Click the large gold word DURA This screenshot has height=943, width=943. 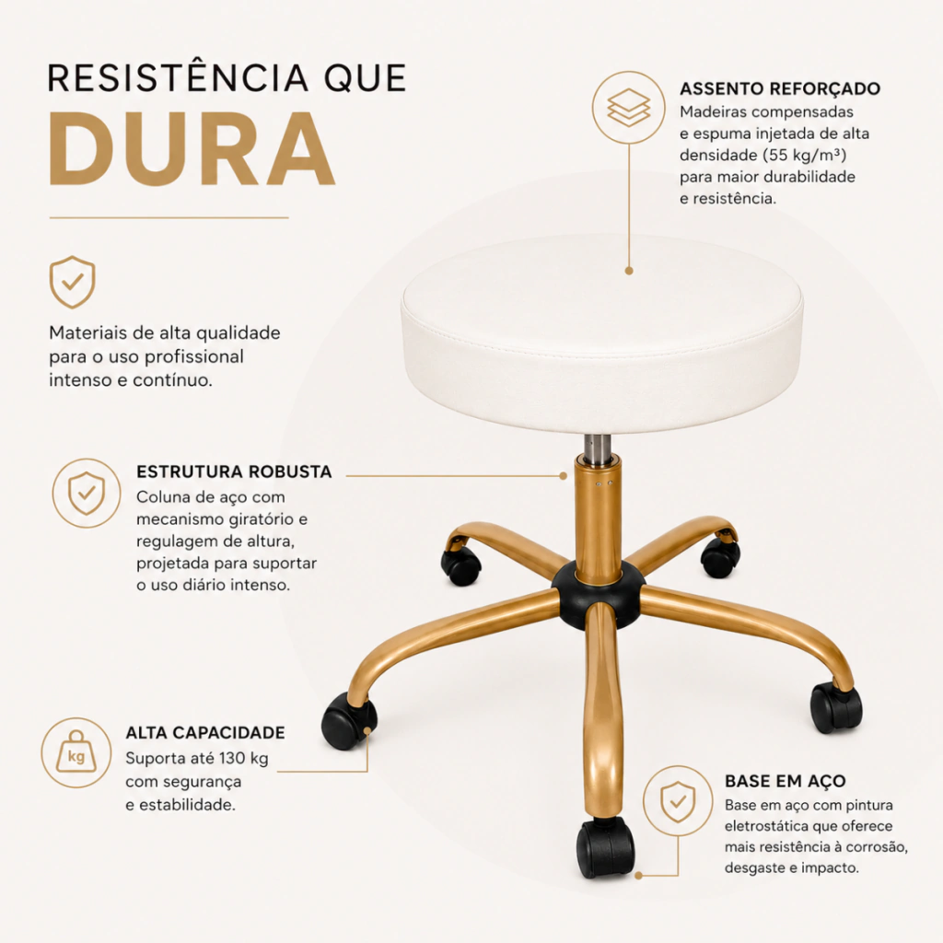pyautogui.click(x=192, y=148)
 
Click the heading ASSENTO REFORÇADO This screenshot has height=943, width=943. pyautogui.click(x=780, y=88)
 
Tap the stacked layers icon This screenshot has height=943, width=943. pyautogui.click(x=628, y=108)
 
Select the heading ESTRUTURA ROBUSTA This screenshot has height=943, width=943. pyautogui.click(x=234, y=471)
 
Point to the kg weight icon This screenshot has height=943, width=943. pyautogui.click(x=76, y=751)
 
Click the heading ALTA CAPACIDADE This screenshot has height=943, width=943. pyautogui.click(x=205, y=732)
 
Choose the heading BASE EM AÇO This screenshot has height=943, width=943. pyautogui.click(x=785, y=781)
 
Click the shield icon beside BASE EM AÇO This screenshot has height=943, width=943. pyautogui.click(x=678, y=802)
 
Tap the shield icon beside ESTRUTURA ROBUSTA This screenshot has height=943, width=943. pyautogui.click(x=87, y=494)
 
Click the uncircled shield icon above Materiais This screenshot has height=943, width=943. pyautogui.click(x=72, y=282)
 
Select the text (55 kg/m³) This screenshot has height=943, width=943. pyautogui.click(x=804, y=155)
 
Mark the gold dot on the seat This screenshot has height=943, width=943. pyautogui.click(x=629, y=271)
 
